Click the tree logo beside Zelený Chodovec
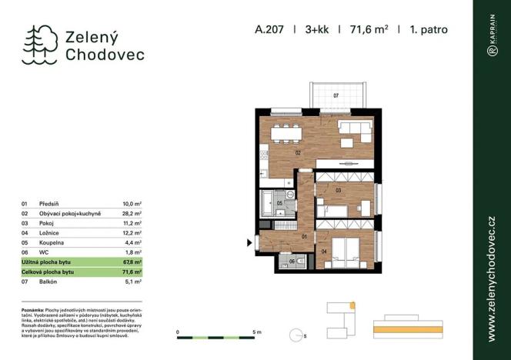tap(41, 43)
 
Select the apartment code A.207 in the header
tap(269, 31)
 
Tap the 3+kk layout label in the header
tap(318, 31)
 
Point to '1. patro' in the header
tap(429, 31)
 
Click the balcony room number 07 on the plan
tap(336, 95)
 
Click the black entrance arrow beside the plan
tap(249, 245)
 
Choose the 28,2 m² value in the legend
tap(132, 213)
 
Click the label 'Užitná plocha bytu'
tap(47, 262)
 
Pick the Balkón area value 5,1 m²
tap(132, 282)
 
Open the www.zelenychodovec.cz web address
tap(491, 278)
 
